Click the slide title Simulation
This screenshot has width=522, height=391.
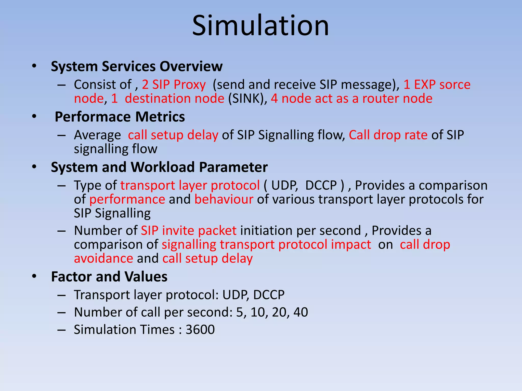pyautogui.click(x=260, y=26)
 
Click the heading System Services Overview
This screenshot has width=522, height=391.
pyautogui.click(x=137, y=66)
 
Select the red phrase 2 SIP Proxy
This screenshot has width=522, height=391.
pyautogui.click(x=174, y=85)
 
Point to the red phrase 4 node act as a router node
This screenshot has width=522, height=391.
pyautogui.click(x=351, y=99)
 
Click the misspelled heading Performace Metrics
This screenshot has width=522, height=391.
pyautogui.click(x=120, y=117)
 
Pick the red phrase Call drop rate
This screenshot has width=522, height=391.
pyautogui.click(x=388, y=135)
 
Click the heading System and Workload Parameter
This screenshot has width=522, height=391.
pyautogui.click(x=159, y=167)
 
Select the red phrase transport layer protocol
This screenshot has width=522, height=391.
pyautogui.click(x=190, y=185)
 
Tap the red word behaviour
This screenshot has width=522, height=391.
pyautogui.click(x=224, y=199)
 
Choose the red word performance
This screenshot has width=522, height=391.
pyautogui.click(x=127, y=199)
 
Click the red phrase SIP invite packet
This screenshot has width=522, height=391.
pyautogui.click(x=189, y=231)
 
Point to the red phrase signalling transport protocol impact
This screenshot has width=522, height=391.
pyautogui.click(x=266, y=245)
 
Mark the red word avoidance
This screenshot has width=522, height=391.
pyautogui.click(x=103, y=259)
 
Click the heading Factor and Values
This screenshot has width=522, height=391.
pyautogui.click(x=109, y=277)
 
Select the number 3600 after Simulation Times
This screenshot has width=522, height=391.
pyautogui.click(x=200, y=330)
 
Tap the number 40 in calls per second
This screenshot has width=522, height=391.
pyautogui.click(x=301, y=312)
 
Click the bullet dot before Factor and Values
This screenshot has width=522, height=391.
pyautogui.click(x=34, y=276)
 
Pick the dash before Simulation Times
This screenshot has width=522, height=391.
pyautogui.click(x=62, y=330)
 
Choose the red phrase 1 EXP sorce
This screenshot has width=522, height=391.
pyautogui.click(x=437, y=85)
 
